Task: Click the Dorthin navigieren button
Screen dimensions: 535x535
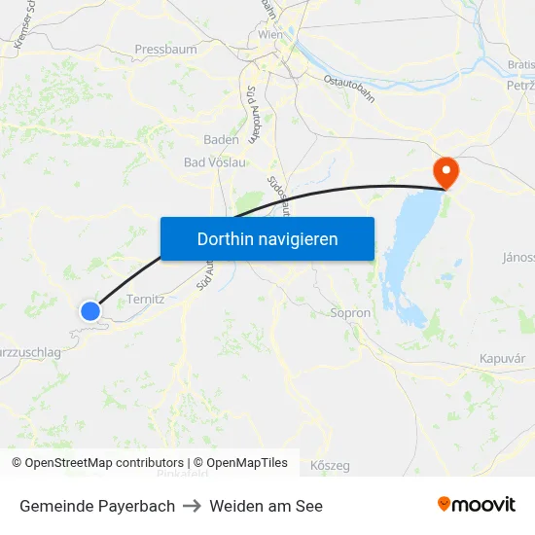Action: [x=267, y=238]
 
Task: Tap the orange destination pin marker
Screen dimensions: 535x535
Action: [x=446, y=173]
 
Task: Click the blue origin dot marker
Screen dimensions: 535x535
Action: [x=90, y=310]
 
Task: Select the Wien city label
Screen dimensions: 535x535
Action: [x=270, y=35]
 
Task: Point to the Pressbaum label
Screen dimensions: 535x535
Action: [x=165, y=49]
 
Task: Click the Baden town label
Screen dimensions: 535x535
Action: [x=221, y=139]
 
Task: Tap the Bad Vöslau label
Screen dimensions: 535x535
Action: [x=215, y=162]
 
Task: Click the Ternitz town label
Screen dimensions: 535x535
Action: [x=145, y=300]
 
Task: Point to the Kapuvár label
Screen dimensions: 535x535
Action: [x=503, y=359]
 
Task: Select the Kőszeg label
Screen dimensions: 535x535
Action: [x=330, y=465]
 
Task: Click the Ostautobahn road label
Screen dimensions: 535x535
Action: [x=348, y=82]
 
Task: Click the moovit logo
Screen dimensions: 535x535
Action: [x=477, y=504]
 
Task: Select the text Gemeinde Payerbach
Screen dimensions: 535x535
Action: [x=97, y=506]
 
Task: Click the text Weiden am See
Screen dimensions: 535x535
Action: [x=266, y=506]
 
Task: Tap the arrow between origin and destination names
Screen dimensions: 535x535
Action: [x=192, y=506]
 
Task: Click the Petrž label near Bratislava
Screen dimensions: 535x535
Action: [x=520, y=86]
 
